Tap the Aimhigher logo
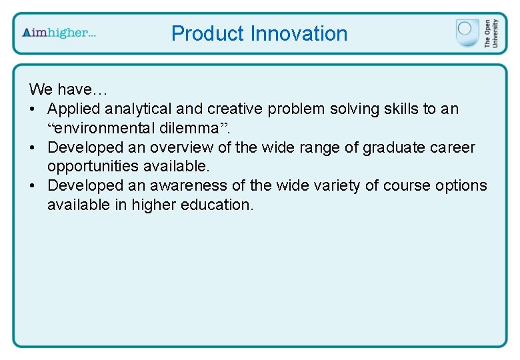click(59, 33)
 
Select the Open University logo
click(473, 33)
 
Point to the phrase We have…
click(68, 89)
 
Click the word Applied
click(74, 108)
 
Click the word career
click(455, 147)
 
